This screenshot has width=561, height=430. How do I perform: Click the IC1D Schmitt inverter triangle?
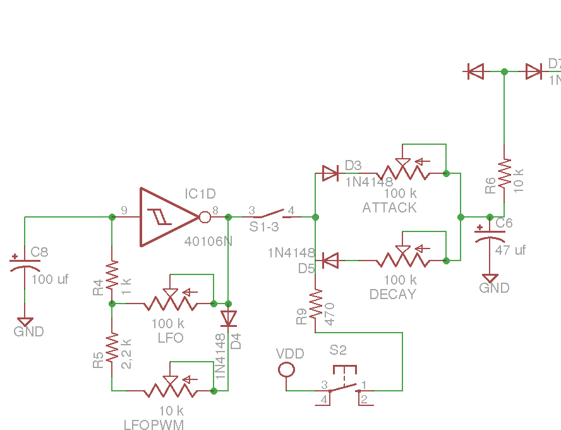click(167, 217)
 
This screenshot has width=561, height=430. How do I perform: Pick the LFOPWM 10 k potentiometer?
click(171, 390)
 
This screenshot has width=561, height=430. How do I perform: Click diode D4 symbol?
click(228, 317)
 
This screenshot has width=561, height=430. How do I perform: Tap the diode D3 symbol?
click(330, 173)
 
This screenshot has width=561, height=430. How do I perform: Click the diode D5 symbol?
click(330, 259)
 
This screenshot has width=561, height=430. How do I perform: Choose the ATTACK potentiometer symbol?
click(404, 171)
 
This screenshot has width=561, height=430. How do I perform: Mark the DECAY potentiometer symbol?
click(404, 259)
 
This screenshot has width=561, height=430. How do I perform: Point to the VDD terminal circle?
click(287, 368)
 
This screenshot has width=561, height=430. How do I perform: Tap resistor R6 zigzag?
click(504, 173)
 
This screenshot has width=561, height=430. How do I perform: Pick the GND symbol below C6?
click(490, 278)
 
